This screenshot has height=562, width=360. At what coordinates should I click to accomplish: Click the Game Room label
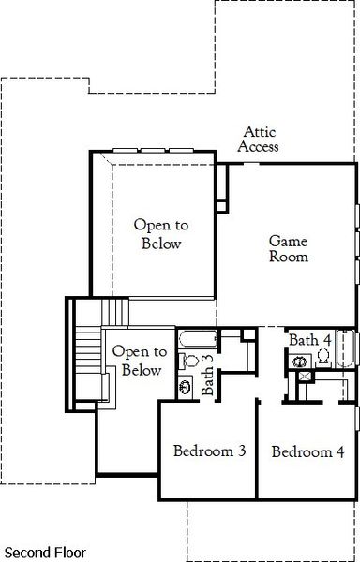(289, 249)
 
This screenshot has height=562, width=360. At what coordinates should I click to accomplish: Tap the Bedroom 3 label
(210, 451)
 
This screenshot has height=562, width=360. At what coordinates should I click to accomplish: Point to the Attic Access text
(258, 140)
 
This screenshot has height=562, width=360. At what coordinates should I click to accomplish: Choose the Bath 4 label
(309, 339)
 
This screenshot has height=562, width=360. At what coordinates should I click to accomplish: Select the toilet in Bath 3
(188, 360)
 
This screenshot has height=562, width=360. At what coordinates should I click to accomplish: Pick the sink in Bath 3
(186, 384)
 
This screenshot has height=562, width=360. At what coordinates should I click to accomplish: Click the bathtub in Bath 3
(197, 338)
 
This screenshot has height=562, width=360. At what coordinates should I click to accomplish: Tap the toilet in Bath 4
(323, 356)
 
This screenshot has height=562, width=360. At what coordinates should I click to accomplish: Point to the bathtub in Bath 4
(345, 351)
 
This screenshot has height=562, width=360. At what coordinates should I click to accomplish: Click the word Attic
(260, 132)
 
